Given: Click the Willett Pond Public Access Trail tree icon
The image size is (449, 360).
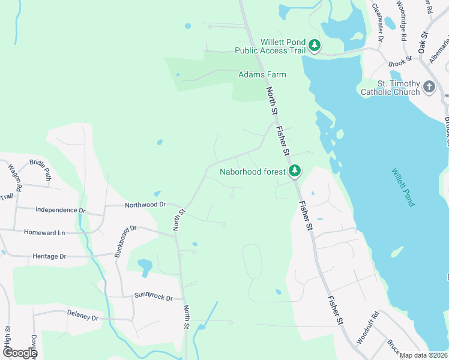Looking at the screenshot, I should (314, 45).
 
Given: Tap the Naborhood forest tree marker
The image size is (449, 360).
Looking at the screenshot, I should (294, 172).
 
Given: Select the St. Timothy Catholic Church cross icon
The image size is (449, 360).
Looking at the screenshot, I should (429, 87).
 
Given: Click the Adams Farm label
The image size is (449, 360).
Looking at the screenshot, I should (262, 74).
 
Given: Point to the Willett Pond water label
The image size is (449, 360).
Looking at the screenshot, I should (403, 187).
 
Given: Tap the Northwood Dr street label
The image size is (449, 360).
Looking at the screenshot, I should (145, 205).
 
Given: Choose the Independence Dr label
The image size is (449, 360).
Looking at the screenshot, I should (61, 210).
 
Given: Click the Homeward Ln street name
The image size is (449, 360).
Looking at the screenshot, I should (44, 232).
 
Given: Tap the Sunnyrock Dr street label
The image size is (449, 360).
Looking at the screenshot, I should (153, 298).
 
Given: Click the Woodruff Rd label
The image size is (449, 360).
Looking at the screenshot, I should (367, 328).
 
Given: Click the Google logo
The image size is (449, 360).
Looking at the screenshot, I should (19, 352).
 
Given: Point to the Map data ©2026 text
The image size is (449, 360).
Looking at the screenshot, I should (424, 355).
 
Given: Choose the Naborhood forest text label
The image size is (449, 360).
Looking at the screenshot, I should (252, 172).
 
